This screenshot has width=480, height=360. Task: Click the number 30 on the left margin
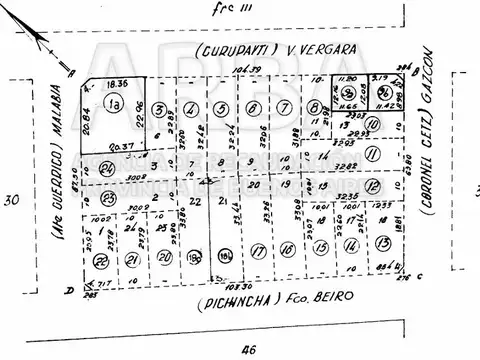click(x=12, y=200)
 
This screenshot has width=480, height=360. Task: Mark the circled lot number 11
click(x=372, y=153)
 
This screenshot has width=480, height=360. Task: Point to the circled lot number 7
click(x=287, y=109)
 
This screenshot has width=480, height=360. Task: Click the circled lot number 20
click(x=164, y=256)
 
